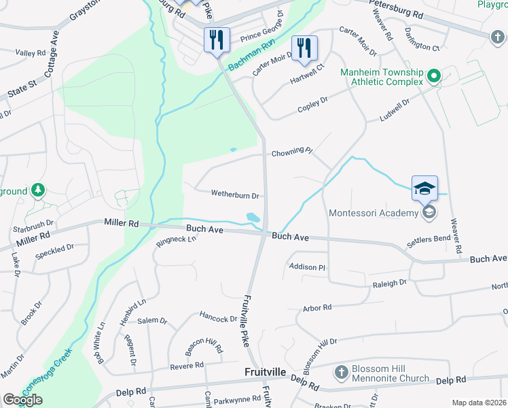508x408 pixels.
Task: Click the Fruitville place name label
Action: tap(266, 373)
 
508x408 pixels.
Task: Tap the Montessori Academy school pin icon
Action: tap(429, 214)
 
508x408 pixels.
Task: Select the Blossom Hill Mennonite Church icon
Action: tap(342, 373)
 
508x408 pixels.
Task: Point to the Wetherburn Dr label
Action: tap(235, 195)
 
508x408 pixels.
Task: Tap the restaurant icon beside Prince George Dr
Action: tap(216, 39)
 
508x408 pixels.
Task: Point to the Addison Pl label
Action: tap(308, 267)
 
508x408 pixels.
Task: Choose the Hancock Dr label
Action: tap(218, 317)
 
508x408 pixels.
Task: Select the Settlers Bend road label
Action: tap(428, 240)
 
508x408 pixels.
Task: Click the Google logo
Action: tap(22, 400)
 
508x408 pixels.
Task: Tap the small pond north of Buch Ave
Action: tap(253, 218)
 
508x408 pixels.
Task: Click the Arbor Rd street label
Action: tap(317, 307)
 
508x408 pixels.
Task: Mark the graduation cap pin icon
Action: tap(424, 188)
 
